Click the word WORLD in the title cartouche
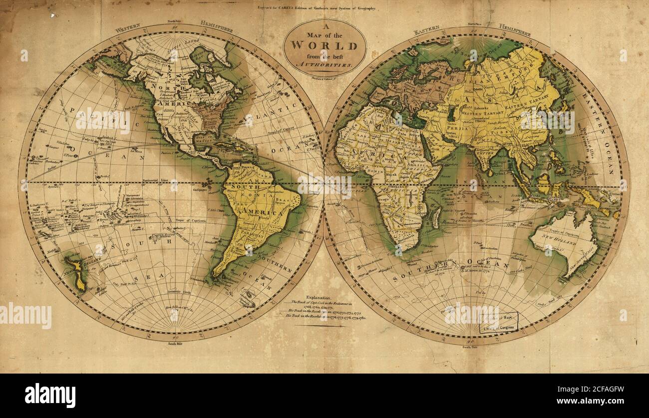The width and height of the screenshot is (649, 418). pos(324,45)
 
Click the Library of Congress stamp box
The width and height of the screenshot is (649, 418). pos(498,323)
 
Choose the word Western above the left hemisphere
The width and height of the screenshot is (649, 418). pos(128,28)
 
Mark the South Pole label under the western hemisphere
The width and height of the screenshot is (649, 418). pos(173,344)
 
